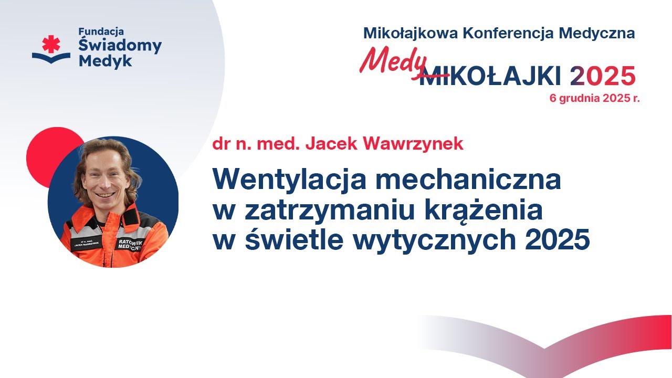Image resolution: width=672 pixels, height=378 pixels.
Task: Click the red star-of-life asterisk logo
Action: (51, 44)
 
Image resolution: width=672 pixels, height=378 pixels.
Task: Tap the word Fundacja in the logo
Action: (101, 32)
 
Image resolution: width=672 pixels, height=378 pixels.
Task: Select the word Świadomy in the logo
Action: (120, 45)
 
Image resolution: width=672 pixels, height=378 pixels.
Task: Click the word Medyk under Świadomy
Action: (106, 61)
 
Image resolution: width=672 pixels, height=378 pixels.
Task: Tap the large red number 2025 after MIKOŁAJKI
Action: (603, 76)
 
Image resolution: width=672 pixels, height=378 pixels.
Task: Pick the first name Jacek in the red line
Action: (331, 144)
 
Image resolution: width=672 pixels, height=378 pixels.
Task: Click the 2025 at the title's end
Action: (558, 239)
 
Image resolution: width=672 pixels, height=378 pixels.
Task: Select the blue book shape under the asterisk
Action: (51, 58)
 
